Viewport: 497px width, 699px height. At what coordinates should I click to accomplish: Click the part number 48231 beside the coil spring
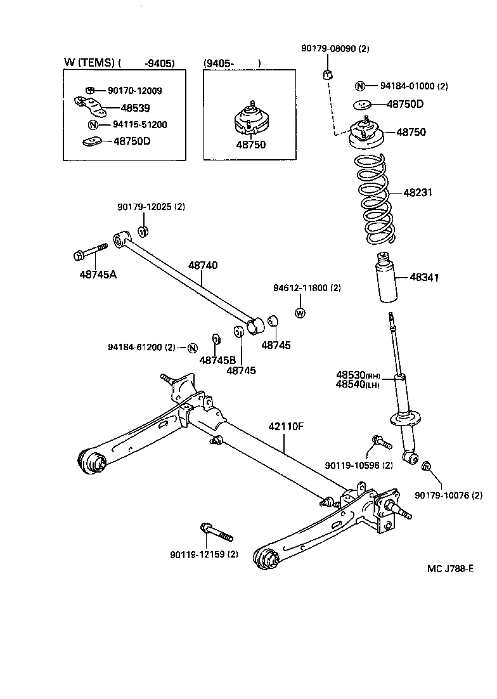click(418, 193)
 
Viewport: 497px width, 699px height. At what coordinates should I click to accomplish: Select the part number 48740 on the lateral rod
click(203, 266)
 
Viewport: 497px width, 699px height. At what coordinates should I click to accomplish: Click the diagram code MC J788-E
click(449, 568)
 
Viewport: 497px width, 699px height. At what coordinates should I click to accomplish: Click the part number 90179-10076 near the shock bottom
click(449, 495)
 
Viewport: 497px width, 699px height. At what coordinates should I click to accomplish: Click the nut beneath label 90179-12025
click(143, 229)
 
